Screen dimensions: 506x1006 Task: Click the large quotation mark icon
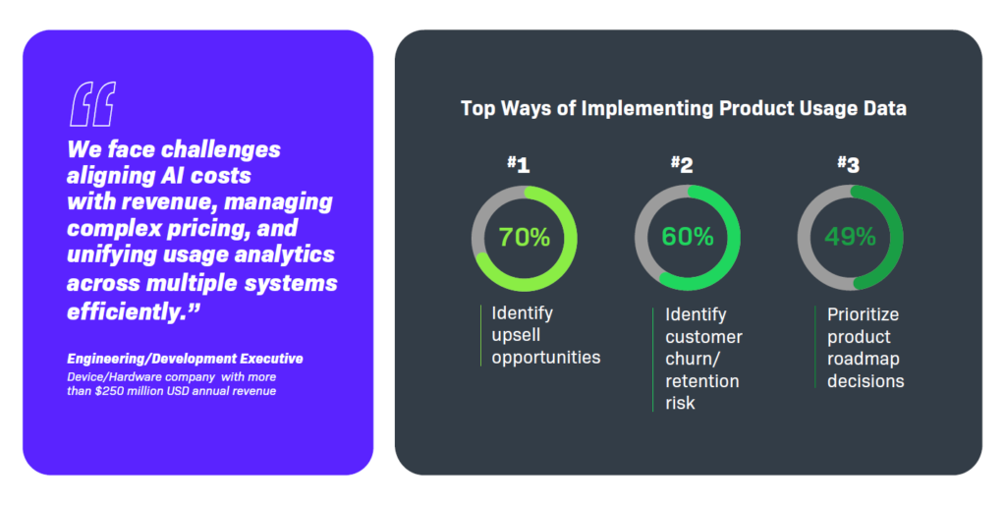coord(93,104)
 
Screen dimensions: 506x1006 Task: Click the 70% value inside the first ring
coord(524,238)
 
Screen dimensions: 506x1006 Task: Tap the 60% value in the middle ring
coord(687,238)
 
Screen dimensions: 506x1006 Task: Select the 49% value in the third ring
coord(850,238)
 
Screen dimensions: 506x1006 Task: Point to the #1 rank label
coord(518,164)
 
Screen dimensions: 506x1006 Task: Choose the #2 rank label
coord(682,164)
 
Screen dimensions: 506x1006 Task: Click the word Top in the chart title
coord(478,108)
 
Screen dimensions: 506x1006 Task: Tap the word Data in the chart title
coord(882,108)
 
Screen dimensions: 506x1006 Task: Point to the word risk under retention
coord(680,402)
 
